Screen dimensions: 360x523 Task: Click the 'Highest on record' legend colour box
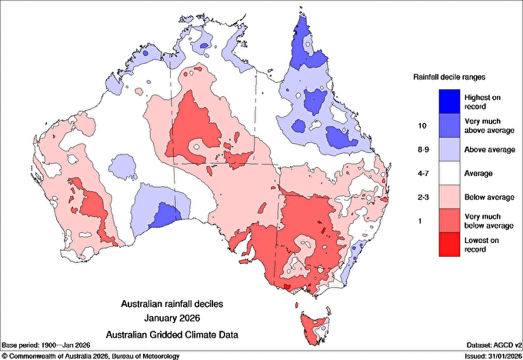click(x=448, y=101)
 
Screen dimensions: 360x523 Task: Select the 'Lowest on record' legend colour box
click(x=448, y=245)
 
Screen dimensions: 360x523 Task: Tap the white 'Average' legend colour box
click(x=448, y=173)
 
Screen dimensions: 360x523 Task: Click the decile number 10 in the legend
click(x=421, y=125)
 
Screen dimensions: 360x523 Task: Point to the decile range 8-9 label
click(x=421, y=149)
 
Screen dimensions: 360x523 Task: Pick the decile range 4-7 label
click(x=421, y=173)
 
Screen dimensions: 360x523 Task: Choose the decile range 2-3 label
click(x=421, y=198)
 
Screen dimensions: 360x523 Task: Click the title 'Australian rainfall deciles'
click(x=177, y=304)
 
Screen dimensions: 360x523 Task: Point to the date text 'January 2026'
click(x=177, y=318)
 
